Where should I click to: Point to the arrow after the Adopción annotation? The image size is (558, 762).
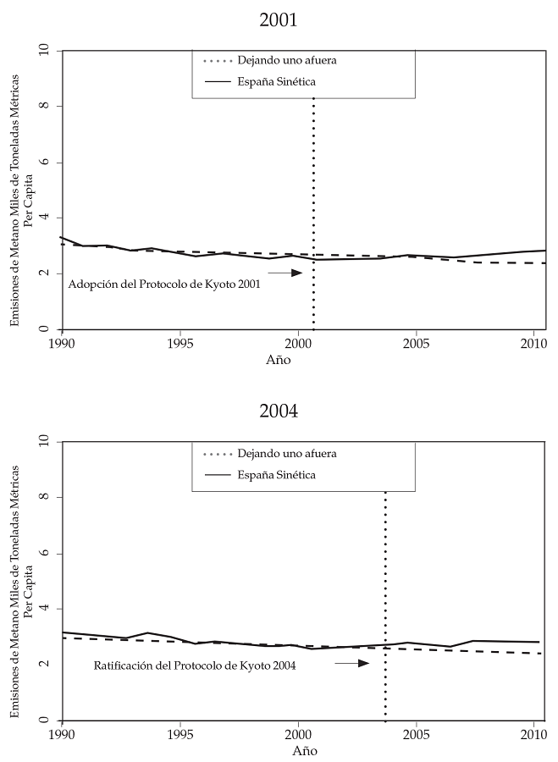click(x=285, y=273)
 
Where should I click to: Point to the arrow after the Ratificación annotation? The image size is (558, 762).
click(x=352, y=663)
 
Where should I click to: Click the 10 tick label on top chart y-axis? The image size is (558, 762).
click(x=47, y=51)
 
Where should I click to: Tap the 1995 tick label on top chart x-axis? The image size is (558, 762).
click(x=180, y=345)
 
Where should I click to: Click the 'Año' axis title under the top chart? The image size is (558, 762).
click(x=279, y=360)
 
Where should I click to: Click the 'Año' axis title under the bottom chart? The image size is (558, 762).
click(x=305, y=750)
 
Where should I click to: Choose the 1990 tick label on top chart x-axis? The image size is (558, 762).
click(x=62, y=345)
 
